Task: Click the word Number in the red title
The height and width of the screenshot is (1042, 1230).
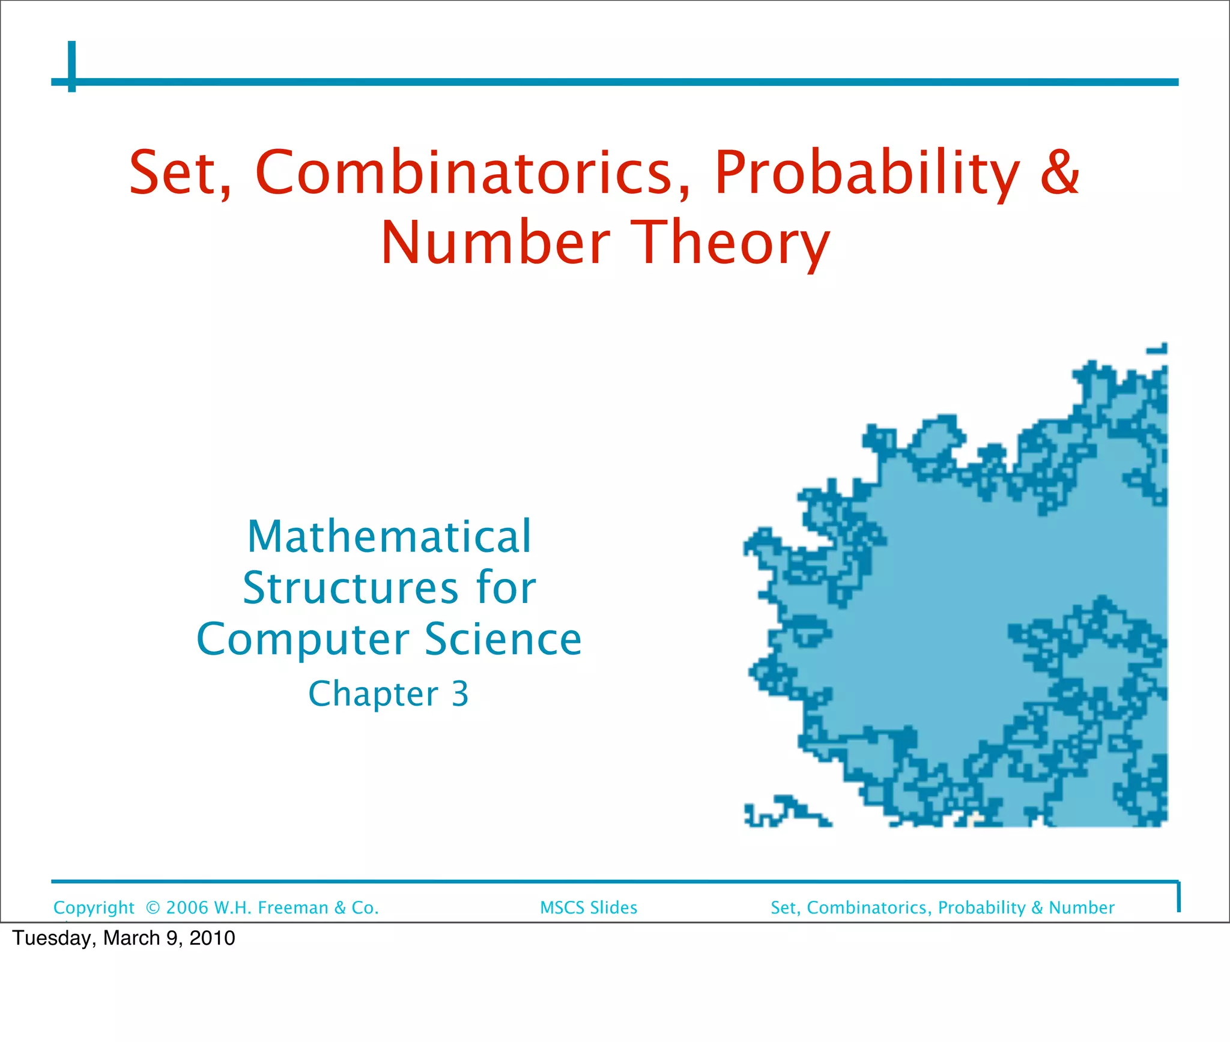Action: click(x=495, y=243)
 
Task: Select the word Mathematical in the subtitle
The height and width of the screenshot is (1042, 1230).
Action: click(x=389, y=536)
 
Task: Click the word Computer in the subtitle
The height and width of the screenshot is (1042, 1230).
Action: click(x=303, y=640)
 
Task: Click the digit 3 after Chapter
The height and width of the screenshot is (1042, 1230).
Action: click(x=460, y=694)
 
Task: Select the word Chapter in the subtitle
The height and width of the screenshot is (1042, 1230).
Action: click(x=373, y=694)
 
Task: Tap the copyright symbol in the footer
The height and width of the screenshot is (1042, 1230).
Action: click(x=153, y=907)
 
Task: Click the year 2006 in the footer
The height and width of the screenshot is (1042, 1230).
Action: click(x=187, y=907)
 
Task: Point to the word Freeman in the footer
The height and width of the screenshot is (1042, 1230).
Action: click(x=293, y=907)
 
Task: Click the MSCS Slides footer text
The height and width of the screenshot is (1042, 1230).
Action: click(x=589, y=907)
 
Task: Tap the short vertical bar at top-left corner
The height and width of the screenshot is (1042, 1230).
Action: click(x=72, y=66)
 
